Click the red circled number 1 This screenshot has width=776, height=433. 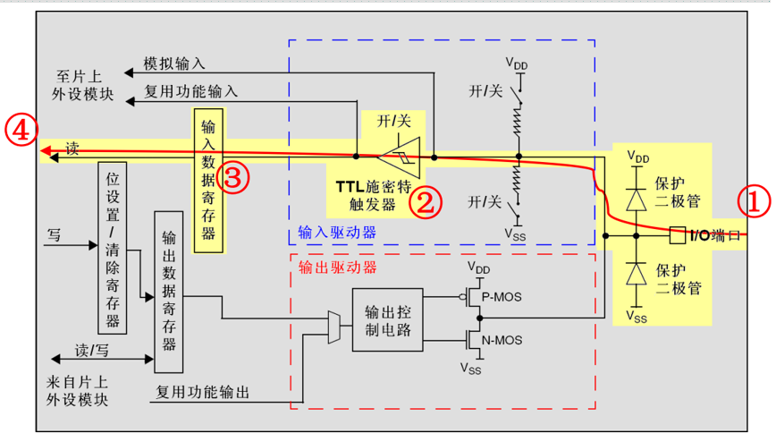tap(754, 201)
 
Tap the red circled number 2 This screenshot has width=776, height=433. tap(426, 202)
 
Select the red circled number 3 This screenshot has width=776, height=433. tap(232, 177)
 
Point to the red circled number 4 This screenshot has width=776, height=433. tap(21, 130)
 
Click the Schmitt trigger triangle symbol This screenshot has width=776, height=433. tap(400, 157)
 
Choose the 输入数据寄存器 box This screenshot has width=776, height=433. tap(208, 181)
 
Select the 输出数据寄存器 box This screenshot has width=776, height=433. tap(169, 292)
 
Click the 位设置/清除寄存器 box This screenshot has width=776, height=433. tap(113, 248)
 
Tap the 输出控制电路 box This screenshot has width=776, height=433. tap(387, 320)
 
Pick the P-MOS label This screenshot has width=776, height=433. tap(502, 297)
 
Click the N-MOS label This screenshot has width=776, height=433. tap(502, 340)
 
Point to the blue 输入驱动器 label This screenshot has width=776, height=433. tap(337, 233)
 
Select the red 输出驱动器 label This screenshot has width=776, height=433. tap(338, 267)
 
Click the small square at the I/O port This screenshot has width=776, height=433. tap(678, 235)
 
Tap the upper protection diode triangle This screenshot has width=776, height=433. tap(637, 200)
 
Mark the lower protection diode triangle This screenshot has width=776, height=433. tap(637, 274)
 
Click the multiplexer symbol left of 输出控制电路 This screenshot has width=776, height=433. tap(334, 327)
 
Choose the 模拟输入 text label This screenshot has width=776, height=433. tap(173, 64)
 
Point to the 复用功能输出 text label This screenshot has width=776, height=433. tap(202, 393)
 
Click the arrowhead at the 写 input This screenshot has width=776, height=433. tap(93, 245)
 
